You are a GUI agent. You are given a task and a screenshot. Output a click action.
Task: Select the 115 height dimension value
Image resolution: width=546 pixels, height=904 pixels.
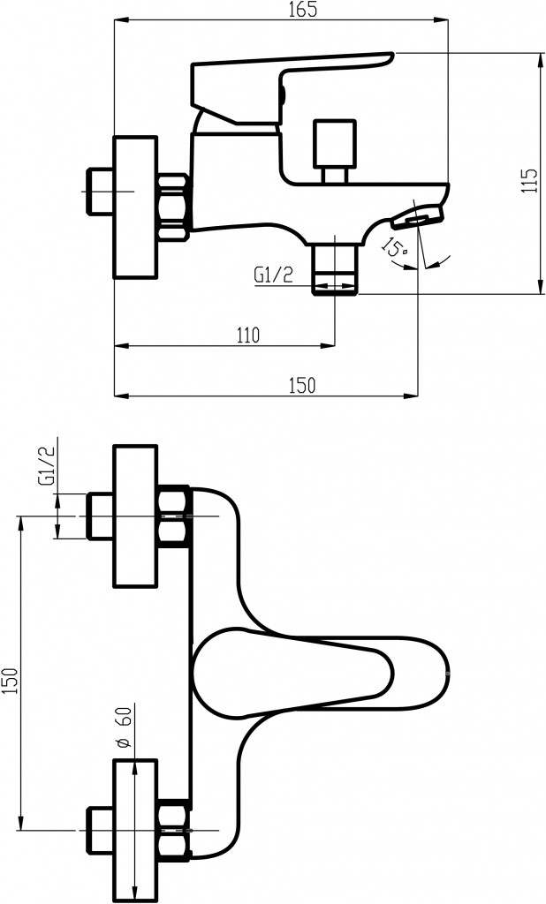coord(530,180)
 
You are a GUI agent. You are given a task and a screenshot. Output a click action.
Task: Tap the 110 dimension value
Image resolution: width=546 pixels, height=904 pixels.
coord(248,335)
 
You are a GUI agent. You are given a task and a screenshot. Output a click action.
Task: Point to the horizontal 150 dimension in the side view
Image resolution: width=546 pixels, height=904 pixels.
coord(302,385)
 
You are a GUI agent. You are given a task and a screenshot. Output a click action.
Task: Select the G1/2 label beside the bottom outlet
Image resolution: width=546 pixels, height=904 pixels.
coord(273,275)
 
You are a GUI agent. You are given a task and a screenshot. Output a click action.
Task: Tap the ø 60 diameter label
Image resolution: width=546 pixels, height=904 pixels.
coord(125,727)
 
